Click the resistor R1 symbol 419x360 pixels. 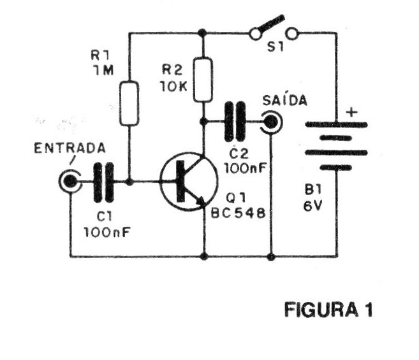coord(129,103)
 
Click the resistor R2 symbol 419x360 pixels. coord(203,80)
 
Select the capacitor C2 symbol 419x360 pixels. coord(235,120)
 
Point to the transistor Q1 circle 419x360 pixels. coord(184,182)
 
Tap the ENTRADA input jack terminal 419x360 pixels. coord(69,182)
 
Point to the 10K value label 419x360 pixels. coord(173,87)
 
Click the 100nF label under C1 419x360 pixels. coord(107,232)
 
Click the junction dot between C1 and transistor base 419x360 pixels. coord(129,182)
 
